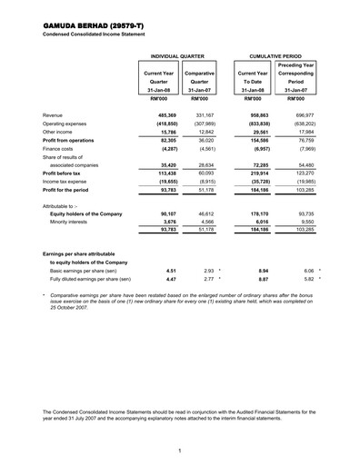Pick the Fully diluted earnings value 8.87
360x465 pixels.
(x=260, y=305)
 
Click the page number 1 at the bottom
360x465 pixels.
(x=180, y=450)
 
